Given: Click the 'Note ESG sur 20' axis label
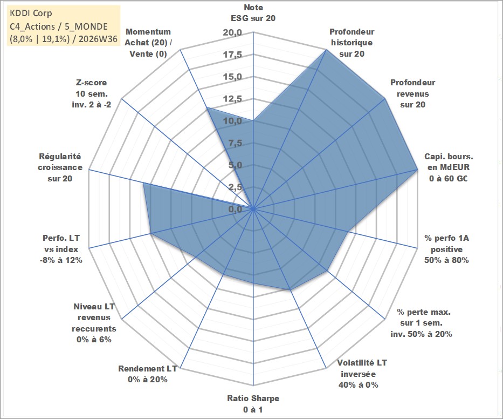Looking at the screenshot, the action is point(253,13).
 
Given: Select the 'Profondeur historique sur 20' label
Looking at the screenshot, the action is point(352,43).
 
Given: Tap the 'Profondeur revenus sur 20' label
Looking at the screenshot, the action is point(412,93).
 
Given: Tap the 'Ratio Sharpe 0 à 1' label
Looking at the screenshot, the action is point(253,404).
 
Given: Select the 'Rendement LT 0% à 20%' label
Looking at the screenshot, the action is point(148,374).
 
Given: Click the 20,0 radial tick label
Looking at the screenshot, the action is point(232,33).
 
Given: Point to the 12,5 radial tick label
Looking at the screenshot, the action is point(232,99).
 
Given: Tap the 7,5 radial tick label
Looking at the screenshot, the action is point(235,143).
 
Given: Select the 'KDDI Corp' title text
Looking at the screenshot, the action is point(31,13).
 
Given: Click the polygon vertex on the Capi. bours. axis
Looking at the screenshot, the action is point(417,169).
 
